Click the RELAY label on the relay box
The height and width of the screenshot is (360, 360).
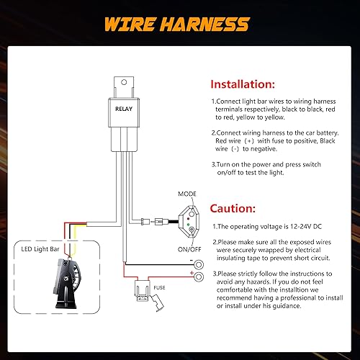pos(123,110)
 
